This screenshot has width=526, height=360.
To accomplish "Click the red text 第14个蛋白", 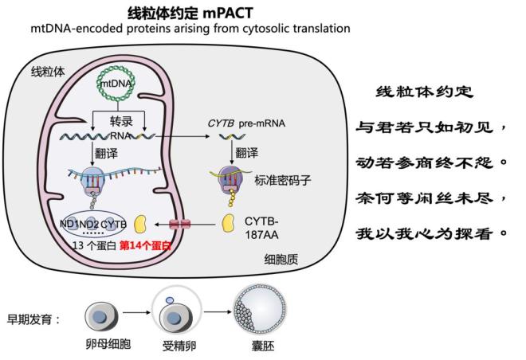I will [x=145, y=245].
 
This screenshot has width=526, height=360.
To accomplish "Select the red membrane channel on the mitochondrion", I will [x=181, y=224].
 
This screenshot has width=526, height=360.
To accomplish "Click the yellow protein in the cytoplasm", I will [x=229, y=222].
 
